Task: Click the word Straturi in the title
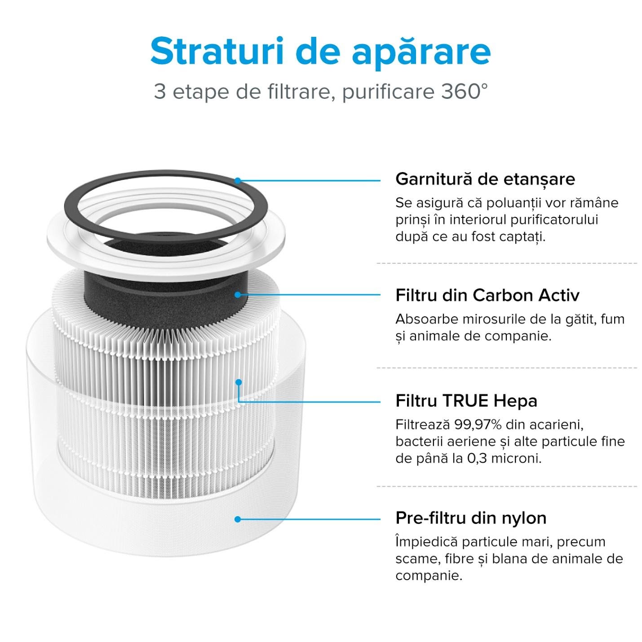[217, 51]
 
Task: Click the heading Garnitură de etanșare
[485, 179]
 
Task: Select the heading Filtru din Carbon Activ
[487, 295]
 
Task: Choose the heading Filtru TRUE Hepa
[466, 400]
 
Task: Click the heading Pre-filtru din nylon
[470, 518]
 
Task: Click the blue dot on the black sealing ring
[238, 181]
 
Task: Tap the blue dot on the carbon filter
[238, 295]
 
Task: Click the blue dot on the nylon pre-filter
[238, 519]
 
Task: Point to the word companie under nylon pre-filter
[428, 576]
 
